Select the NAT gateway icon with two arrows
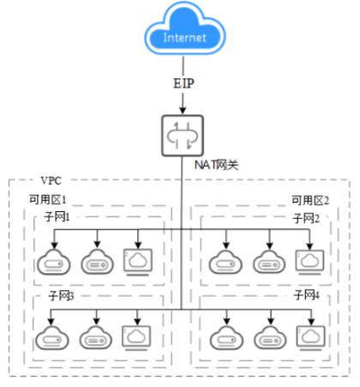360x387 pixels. pyautogui.click(x=181, y=134)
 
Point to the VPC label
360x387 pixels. pyautogui.click(x=51, y=181)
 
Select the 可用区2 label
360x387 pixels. pyautogui.click(x=309, y=199)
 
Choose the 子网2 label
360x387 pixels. pyautogui.click(x=306, y=219)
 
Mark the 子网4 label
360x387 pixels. pyautogui.click(x=306, y=295)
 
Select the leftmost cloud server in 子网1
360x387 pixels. pyautogui.click(x=54, y=263)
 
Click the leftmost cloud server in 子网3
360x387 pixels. pyautogui.click(x=54, y=338)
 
